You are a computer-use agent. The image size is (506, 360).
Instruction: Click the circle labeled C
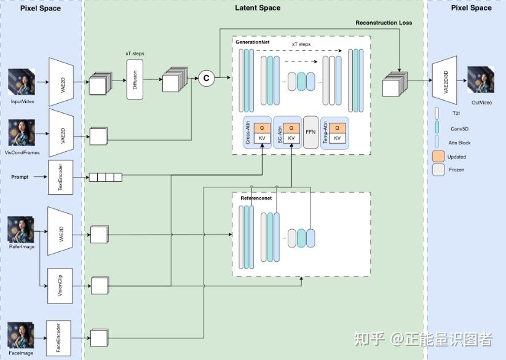pyautogui.click(x=206, y=78)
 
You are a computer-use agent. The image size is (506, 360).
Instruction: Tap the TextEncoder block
pyautogui.click(x=60, y=177)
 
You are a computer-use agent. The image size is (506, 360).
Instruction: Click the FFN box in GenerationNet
pyautogui.click(x=310, y=132)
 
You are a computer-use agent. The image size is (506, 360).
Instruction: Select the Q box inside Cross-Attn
pyautogui.click(x=261, y=128)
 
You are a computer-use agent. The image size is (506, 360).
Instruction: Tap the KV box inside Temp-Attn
pyautogui.click(x=337, y=138)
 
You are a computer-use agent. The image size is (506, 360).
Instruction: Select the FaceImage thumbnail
pyautogui.click(x=21, y=336)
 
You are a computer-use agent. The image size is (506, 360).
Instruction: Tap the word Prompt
pyautogui.click(x=20, y=177)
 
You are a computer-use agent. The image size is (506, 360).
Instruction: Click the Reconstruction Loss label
pyautogui.click(x=384, y=23)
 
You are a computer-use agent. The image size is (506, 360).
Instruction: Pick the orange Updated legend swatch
pyautogui.click(x=438, y=157)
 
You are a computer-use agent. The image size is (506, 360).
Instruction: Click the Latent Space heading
pyautogui.click(x=258, y=8)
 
